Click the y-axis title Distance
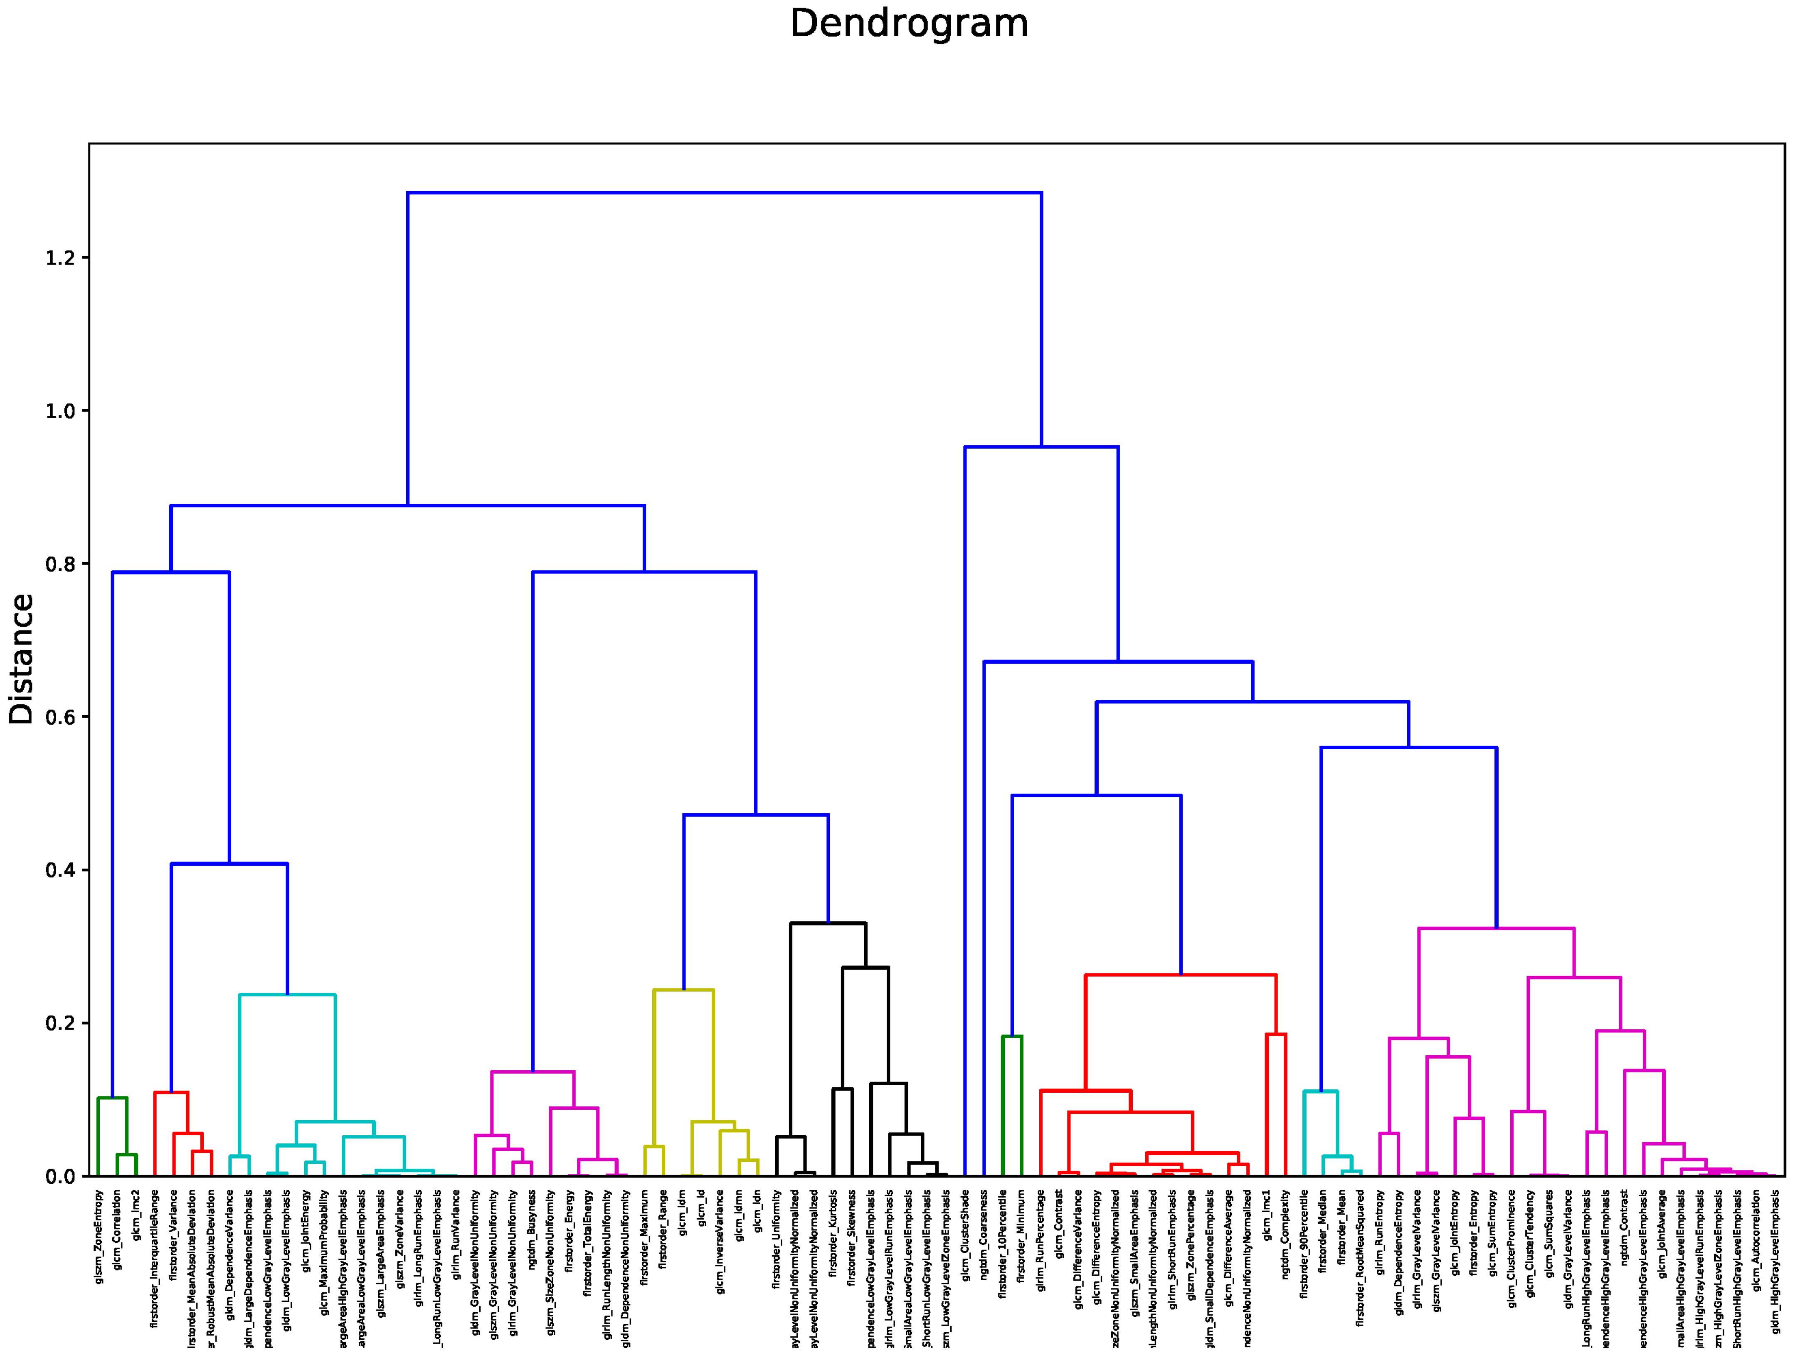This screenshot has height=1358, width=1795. [x=22, y=659]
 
